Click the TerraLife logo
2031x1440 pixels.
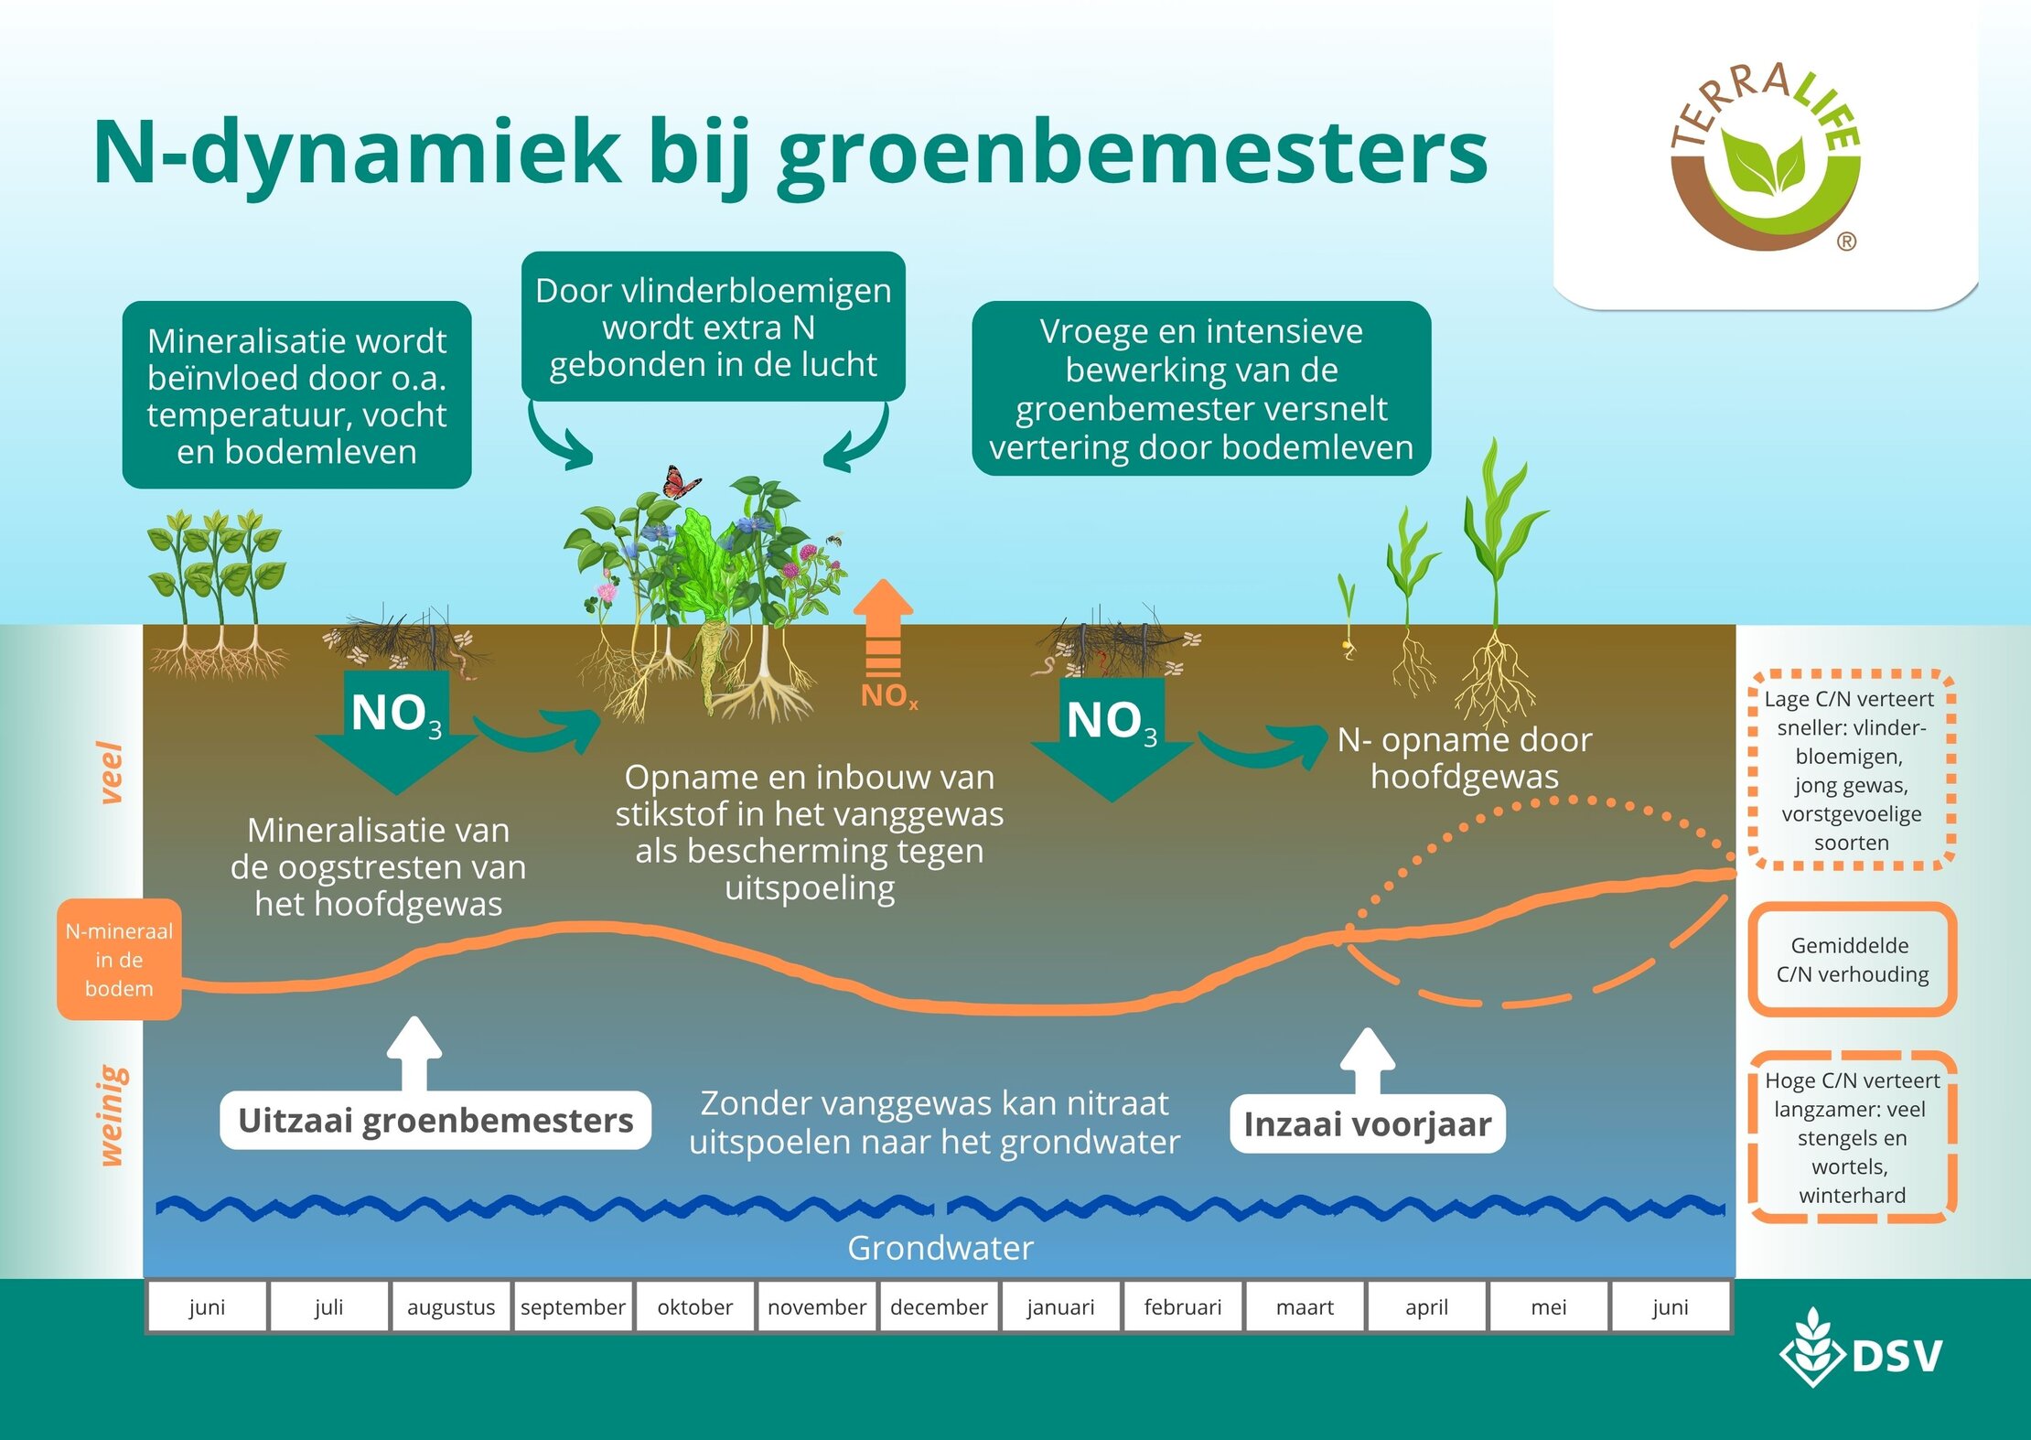click(x=1765, y=156)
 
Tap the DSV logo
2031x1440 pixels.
click(x=1861, y=1354)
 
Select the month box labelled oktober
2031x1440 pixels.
click(x=694, y=1306)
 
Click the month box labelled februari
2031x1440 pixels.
click(x=1182, y=1306)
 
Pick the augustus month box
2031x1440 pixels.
click(x=451, y=1306)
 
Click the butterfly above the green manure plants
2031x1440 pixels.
click(x=681, y=482)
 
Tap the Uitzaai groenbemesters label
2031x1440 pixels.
click(x=435, y=1121)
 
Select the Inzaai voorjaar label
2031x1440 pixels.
click(x=1367, y=1123)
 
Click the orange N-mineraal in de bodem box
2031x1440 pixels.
click(x=119, y=960)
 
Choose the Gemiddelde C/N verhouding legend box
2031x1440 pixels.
click(x=1852, y=960)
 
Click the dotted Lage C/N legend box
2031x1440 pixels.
click(x=1852, y=770)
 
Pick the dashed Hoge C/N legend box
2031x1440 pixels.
click(x=1852, y=1137)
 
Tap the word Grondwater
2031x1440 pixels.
click(x=940, y=1248)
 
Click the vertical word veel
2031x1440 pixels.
click(x=111, y=773)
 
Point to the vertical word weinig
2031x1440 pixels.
click(x=111, y=1116)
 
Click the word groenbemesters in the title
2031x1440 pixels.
click(x=1133, y=154)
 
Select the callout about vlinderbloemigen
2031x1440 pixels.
click(x=713, y=327)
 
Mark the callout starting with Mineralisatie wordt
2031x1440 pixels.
click(x=296, y=395)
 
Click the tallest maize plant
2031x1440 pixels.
click(x=1496, y=567)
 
